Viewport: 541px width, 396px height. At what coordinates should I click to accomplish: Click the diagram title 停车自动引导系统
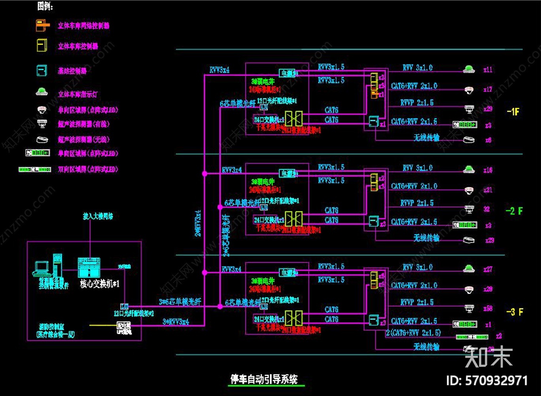point(264,379)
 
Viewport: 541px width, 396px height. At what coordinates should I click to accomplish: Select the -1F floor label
point(513,112)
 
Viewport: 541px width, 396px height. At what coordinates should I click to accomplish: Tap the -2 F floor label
point(514,211)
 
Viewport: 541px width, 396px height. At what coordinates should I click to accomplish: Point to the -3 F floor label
point(515,312)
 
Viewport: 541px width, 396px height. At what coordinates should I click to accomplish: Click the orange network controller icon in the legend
point(42,26)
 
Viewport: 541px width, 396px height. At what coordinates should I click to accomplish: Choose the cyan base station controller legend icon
point(42,71)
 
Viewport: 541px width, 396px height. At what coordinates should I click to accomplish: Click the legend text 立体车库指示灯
point(78,94)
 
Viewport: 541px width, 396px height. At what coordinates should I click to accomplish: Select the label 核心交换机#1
point(99,284)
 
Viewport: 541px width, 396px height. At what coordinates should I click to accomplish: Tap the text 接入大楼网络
point(98,216)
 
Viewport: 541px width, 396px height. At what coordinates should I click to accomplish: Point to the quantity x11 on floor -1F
point(488,70)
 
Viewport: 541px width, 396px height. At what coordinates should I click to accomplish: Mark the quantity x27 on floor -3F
point(488,269)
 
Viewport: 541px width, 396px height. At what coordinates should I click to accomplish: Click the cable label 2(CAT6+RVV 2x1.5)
point(413,333)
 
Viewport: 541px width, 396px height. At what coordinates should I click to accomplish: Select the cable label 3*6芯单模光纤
point(180,302)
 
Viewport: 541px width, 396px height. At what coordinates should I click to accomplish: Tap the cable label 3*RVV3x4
point(176,322)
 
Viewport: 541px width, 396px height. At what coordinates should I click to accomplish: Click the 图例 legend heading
point(45,6)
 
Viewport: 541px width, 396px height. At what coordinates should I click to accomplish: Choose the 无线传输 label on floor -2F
point(426,238)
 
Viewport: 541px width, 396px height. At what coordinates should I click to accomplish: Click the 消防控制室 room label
point(52,327)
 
